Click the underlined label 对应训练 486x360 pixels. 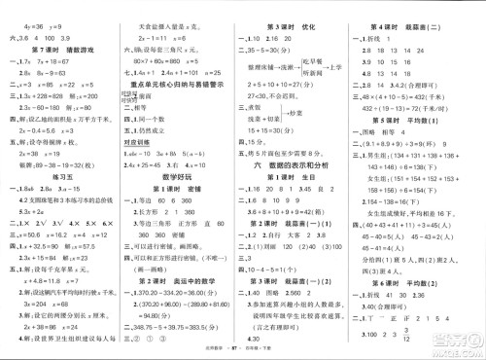(x=144, y=144)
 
